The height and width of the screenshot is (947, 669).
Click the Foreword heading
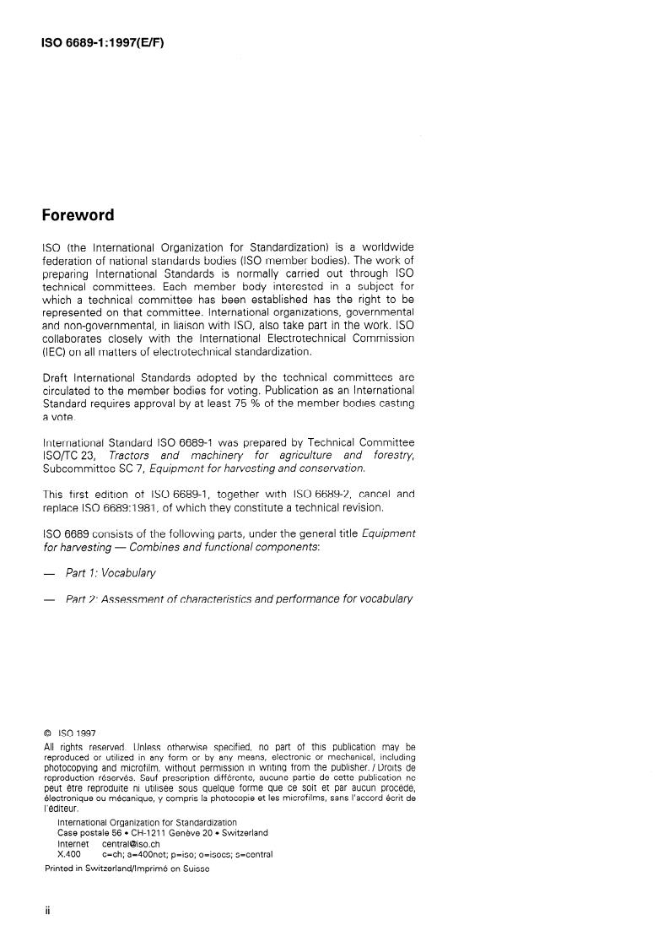point(78,215)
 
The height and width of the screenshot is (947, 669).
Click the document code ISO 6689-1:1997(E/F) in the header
point(102,41)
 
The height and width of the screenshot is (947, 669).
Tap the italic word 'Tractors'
point(132,455)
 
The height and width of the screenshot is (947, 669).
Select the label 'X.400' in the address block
point(69,853)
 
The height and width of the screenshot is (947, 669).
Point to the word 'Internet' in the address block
point(73,843)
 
